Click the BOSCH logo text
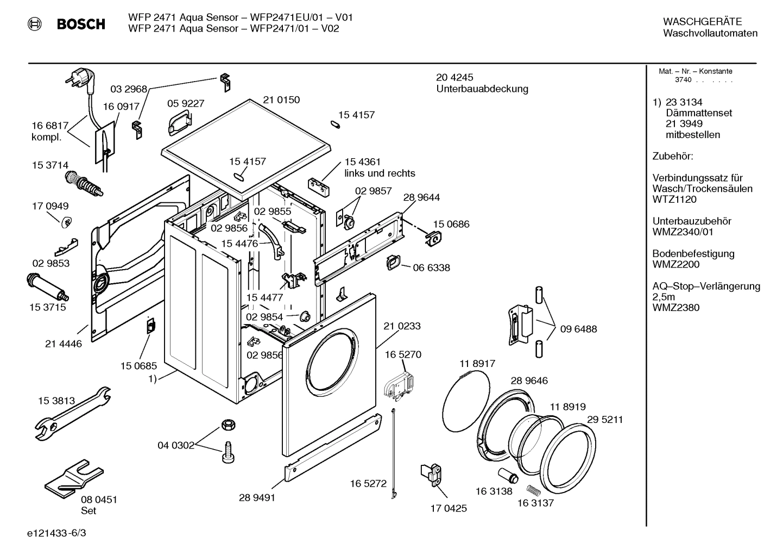pos(81,24)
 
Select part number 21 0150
pos(281,100)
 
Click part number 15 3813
pos(56,401)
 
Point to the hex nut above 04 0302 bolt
pos(228,424)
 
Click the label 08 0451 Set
pos(98,505)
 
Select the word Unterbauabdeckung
pos(482,89)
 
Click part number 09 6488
pos(578,329)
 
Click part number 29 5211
pos(605,420)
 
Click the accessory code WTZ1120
pos(674,200)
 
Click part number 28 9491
pos(257,497)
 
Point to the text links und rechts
pos(380,173)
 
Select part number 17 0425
pos(449,508)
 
